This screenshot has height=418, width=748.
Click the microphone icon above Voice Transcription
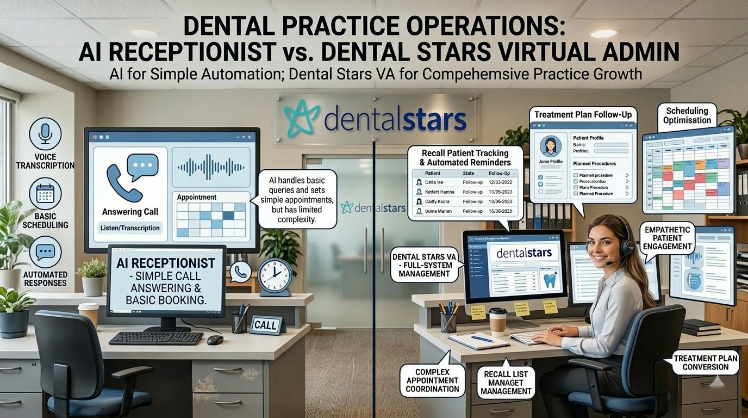(x=45, y=133)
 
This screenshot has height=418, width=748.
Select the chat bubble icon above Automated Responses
(x=45, y=252)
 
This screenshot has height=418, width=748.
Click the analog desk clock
(x=274, y=275)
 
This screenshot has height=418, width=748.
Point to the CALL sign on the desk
(x=267, y=325)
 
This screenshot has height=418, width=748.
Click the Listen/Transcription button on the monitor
(x=130, y=228)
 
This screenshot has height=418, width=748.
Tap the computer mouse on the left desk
(x=215, y=340)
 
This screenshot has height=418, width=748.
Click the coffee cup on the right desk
(x=497, y=321)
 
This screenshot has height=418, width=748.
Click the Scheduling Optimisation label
(x=688, y=115)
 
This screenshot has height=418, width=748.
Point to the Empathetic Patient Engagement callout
(x=668, y=238)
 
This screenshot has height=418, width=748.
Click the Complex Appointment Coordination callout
(x=432, y=380)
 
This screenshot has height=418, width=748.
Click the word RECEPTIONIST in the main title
(x=177, y=52)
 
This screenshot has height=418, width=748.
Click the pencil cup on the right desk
(x=448, y=321)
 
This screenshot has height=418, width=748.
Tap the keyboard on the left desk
(x=155, y=338)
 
